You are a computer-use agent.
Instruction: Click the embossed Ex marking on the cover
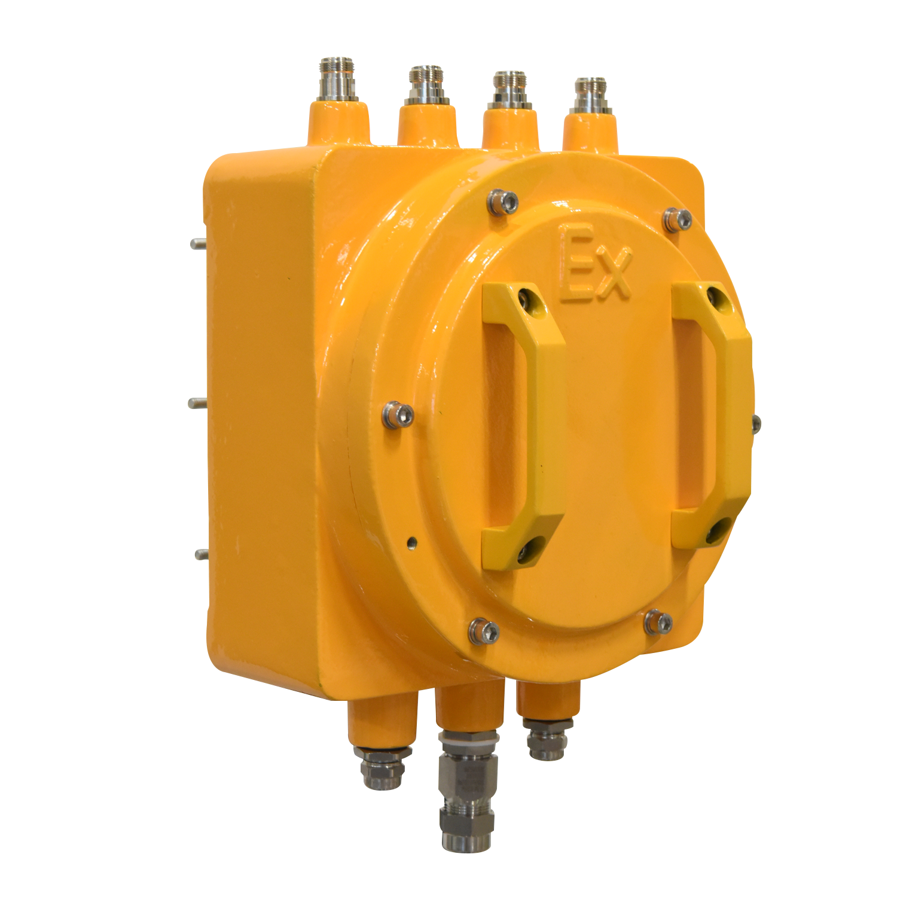coord(594,263)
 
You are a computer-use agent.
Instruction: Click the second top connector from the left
coord(426,85)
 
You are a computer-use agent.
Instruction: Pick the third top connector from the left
coord(510,90)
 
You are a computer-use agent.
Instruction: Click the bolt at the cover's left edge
coord(398,414)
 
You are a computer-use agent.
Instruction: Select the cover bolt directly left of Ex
coord(502,202)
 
